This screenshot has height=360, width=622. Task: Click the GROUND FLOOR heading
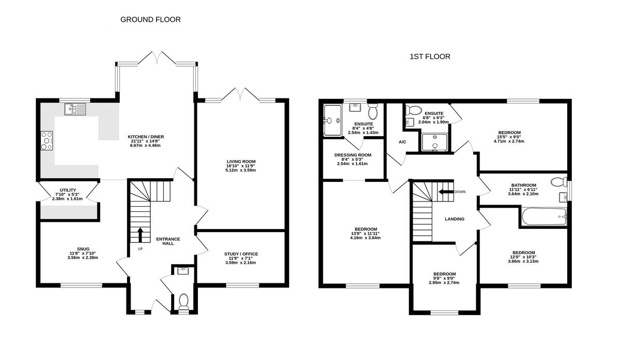(150, 20)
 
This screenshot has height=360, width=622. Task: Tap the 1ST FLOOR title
(430, 56)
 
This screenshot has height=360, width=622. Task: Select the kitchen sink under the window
(75, 109)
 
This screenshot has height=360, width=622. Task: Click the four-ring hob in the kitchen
(47, 141)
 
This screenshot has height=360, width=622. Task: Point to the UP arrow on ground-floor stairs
(140, 235)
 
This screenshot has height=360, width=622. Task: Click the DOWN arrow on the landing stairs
(446, 192)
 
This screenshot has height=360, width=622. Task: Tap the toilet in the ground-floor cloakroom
(183, 301)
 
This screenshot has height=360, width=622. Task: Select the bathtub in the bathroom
(544, 217)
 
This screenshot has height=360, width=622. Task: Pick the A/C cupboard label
(402, 142)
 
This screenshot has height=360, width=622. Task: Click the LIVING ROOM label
(241, 162)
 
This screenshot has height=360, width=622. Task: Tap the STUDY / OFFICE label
(241, 254)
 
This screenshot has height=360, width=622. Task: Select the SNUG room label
(83, 249)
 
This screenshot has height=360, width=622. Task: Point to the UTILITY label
(68, 190)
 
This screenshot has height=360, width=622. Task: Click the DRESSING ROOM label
(352, 155)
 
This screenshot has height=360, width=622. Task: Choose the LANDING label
(455, 219)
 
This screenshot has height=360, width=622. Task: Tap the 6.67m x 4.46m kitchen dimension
(145, 146)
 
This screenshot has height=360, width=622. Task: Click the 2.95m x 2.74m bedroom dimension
(444, 283)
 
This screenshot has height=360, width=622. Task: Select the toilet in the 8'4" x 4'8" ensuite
(373, 111)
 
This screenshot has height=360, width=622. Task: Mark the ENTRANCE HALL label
(168, 241)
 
